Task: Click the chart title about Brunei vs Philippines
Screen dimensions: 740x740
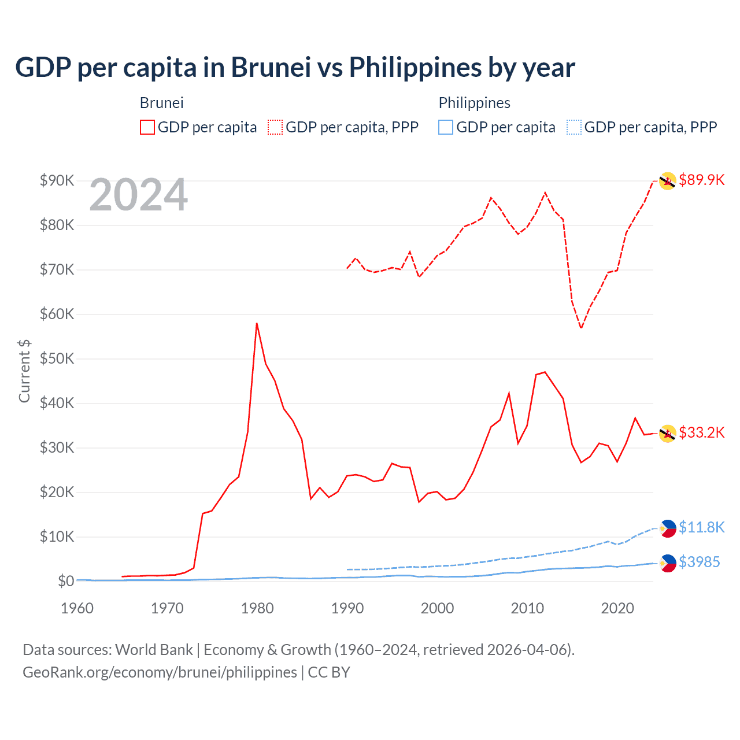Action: (295, 68)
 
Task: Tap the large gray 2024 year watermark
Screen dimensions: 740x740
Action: (138, 195)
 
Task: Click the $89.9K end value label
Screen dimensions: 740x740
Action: (701, 180)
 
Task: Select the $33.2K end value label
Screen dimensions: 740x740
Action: (701, 432)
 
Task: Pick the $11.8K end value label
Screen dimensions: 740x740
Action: (701, 527)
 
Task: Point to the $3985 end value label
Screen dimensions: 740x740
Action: (699, 562)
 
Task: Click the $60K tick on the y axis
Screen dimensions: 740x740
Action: (57, 314)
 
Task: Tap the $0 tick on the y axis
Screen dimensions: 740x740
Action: (66, 581)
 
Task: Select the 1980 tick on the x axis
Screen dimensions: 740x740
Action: (257, 608)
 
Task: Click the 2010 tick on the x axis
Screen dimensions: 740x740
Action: (527, 608)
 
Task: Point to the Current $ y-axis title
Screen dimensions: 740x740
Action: (24, 371)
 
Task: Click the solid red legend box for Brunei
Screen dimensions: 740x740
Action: (147, 127)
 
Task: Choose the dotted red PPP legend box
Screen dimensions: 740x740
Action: (275, 127)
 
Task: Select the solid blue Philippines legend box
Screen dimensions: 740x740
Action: (446, 127)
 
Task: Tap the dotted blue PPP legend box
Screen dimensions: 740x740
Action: (574, 127)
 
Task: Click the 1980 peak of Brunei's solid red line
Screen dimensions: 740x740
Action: (257, 323)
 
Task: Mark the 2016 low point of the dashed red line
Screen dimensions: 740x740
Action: (581, 328)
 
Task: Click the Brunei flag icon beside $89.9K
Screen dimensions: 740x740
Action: (668, 181)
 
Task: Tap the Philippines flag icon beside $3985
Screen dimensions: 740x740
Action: (668, 563)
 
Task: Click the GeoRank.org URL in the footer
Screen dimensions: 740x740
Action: (160, 672)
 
